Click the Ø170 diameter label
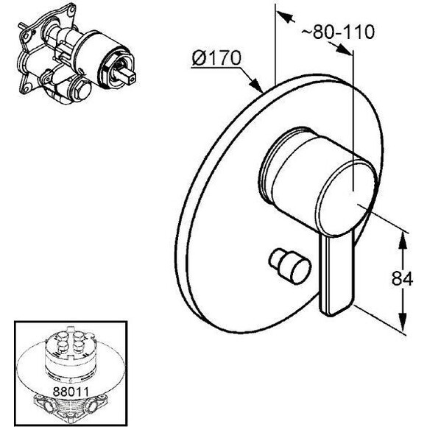point(216,57)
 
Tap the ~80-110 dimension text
point(338,32)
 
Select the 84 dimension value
point(402,278)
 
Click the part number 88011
point(71,392)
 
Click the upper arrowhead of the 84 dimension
point(403,241)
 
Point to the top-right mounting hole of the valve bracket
point(71,11)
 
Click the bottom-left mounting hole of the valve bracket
point(27,88)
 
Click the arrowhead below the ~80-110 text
point(345,51)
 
